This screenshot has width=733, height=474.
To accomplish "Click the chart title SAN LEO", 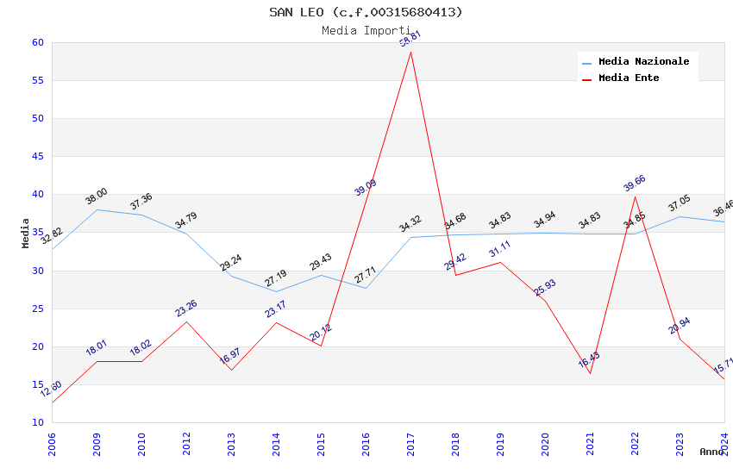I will (x=366, y=12).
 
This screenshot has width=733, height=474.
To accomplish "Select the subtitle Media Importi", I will (x=366, y=31).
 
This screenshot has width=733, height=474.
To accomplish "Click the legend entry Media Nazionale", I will (x=643, y=62).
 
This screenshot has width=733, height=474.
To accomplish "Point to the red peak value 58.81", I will (x=410, y=39).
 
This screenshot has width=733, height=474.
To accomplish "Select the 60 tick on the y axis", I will (x=37, y=43).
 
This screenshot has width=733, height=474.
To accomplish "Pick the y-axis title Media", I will (x=26, y=233).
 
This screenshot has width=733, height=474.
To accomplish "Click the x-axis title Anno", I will (x=711, y=452).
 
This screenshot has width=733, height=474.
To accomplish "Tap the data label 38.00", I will (x=96, y=196).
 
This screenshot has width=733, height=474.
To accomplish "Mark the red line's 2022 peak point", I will (x=636, y=196).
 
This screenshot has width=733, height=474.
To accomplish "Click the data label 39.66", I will (x=634, y=184).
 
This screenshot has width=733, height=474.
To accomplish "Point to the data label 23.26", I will (x=185, y=309).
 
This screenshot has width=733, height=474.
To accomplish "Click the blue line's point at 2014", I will (x=277, y=291).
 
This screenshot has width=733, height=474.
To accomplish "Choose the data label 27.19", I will (x=276, y=278).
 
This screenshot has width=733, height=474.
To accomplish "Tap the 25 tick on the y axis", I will (x=37, y=309).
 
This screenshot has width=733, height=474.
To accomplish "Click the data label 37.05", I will (x=679, y=203).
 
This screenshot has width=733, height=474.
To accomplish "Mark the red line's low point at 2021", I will (x=591, y=373).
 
